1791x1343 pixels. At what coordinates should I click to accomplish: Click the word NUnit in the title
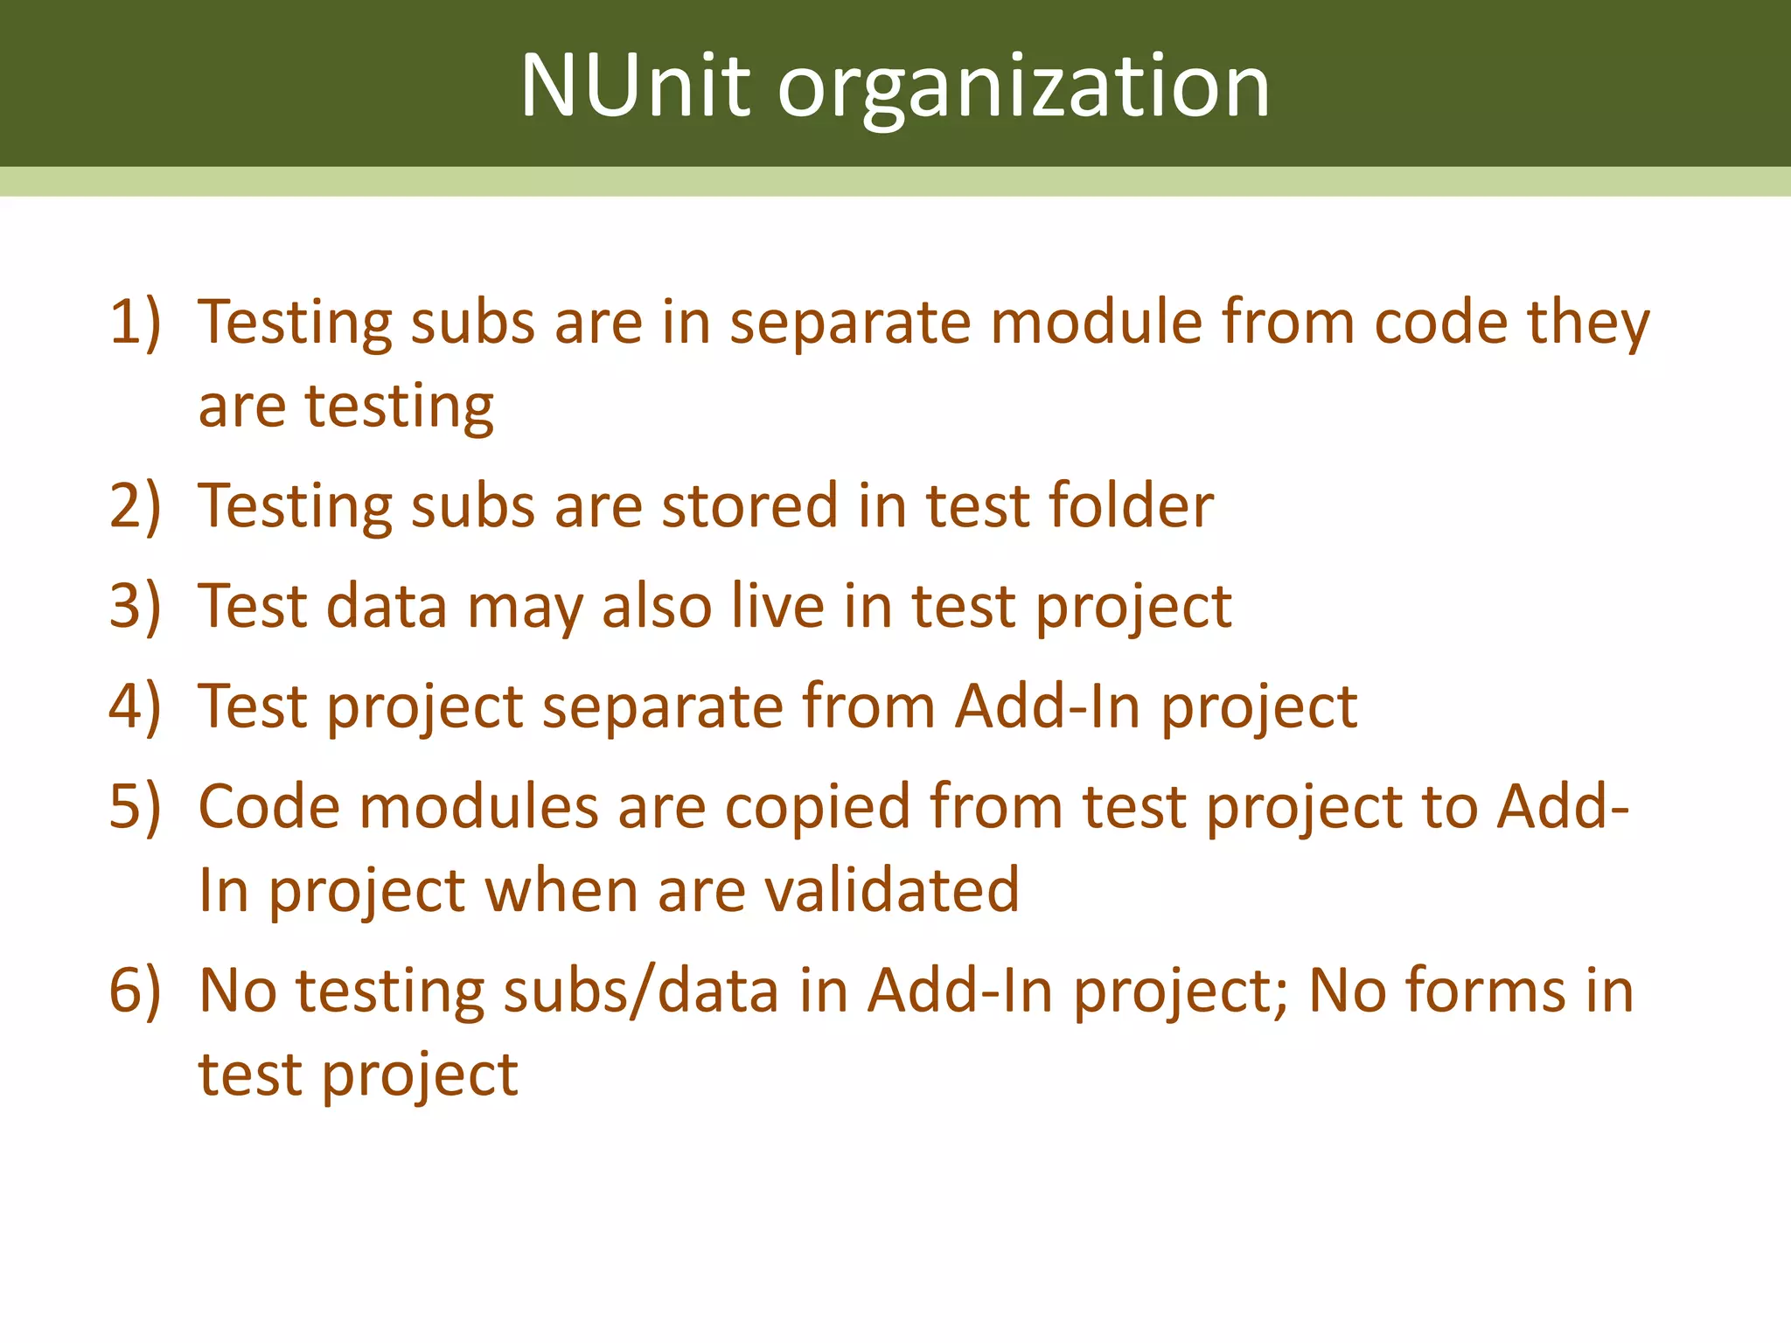(635, 86)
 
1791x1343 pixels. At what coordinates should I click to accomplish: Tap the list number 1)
(136, 322)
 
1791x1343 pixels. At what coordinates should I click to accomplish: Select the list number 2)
(136, 505)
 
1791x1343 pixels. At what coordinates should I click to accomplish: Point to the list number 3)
(136, 605)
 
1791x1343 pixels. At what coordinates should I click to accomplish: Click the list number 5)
(136, 805)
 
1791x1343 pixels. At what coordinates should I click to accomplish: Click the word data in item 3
(386, 605)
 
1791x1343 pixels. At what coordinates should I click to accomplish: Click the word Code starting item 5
(268, 805)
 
